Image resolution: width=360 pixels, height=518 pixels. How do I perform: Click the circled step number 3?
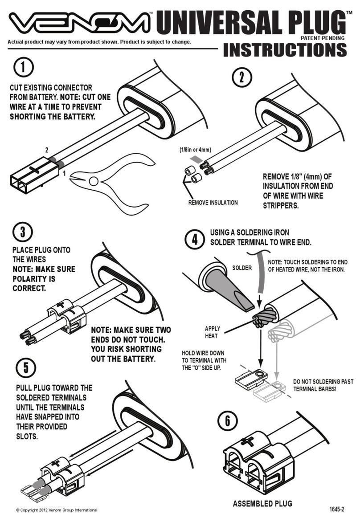tap(22, 232)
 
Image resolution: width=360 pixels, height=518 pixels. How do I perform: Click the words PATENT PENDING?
tap(323, 38)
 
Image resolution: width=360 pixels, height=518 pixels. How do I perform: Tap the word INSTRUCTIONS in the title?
tap(284, 50)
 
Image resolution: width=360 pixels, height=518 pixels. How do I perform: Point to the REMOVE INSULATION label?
tap(213, 203)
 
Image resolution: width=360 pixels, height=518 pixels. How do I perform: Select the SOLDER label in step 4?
tap(242, 268)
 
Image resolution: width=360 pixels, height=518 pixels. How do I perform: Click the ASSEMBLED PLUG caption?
tap(262, 504)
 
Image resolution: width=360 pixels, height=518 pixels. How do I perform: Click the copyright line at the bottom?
tap(56, 510)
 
